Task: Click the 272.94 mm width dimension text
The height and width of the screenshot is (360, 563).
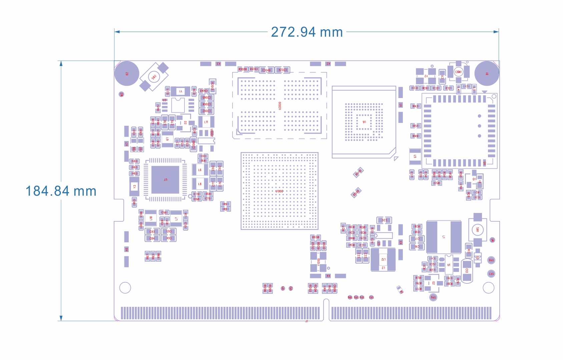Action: (307, 32)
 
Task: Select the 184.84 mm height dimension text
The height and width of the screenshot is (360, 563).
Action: (61, 191)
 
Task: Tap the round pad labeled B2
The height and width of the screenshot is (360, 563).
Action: (127, 73)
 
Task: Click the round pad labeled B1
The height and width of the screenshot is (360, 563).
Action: (487, 73)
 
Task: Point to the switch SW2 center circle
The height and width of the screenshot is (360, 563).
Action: (154, 77)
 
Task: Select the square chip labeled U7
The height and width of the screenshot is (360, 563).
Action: (165, 180)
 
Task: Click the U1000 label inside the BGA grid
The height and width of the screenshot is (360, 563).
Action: (279, 191)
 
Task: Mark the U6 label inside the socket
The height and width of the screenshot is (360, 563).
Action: (364, 122)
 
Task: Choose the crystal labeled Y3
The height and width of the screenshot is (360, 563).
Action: (134, 186)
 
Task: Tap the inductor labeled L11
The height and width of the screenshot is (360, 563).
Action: (206, 122)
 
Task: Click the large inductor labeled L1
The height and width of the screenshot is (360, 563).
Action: (444, 237)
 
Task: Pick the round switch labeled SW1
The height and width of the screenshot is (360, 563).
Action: (477, 230)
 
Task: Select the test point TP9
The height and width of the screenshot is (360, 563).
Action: (433, 297)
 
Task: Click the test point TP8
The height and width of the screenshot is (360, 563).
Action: (491, 260)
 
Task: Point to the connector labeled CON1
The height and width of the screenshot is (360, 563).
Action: (459, 72)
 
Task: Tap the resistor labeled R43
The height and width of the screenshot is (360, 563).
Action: (415, 106)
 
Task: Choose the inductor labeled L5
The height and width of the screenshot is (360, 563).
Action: (415, 156)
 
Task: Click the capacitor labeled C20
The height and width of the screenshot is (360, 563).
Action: (384, 220)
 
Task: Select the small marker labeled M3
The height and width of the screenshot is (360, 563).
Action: (121, 94)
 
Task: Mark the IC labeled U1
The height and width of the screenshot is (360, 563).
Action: (449, 265)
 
